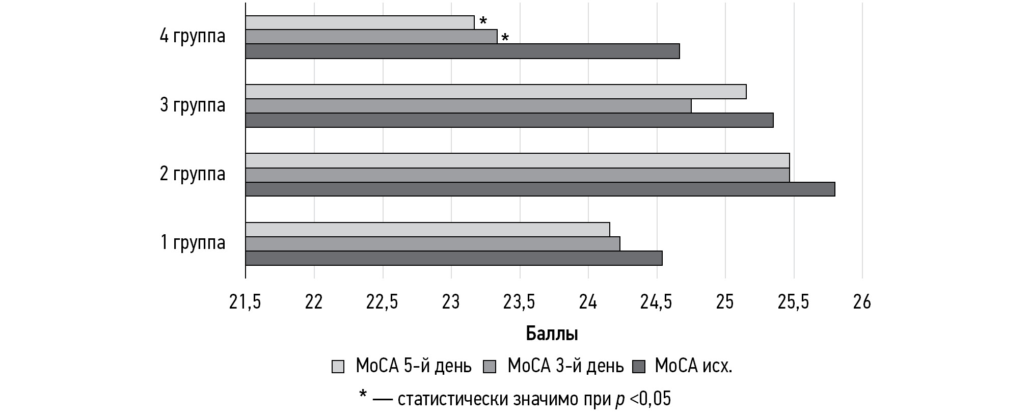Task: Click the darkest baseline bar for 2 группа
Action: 540,189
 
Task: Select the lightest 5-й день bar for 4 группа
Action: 360,22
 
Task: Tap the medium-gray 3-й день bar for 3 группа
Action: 468,106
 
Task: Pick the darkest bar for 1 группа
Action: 454,258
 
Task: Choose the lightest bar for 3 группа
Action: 496,92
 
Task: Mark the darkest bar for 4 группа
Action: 463,51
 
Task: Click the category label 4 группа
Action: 193,37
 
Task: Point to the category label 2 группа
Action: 193,174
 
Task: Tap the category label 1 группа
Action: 193,243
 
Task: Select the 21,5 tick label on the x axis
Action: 245,302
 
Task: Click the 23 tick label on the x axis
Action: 451,302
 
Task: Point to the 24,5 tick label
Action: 656,302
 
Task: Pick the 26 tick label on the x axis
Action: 862,302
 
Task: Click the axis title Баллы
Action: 552,334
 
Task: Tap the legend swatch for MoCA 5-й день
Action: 338,367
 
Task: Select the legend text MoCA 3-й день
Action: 565,366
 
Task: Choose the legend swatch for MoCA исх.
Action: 639,367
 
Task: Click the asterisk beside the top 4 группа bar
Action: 483,21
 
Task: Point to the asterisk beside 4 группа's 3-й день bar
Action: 505,38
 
